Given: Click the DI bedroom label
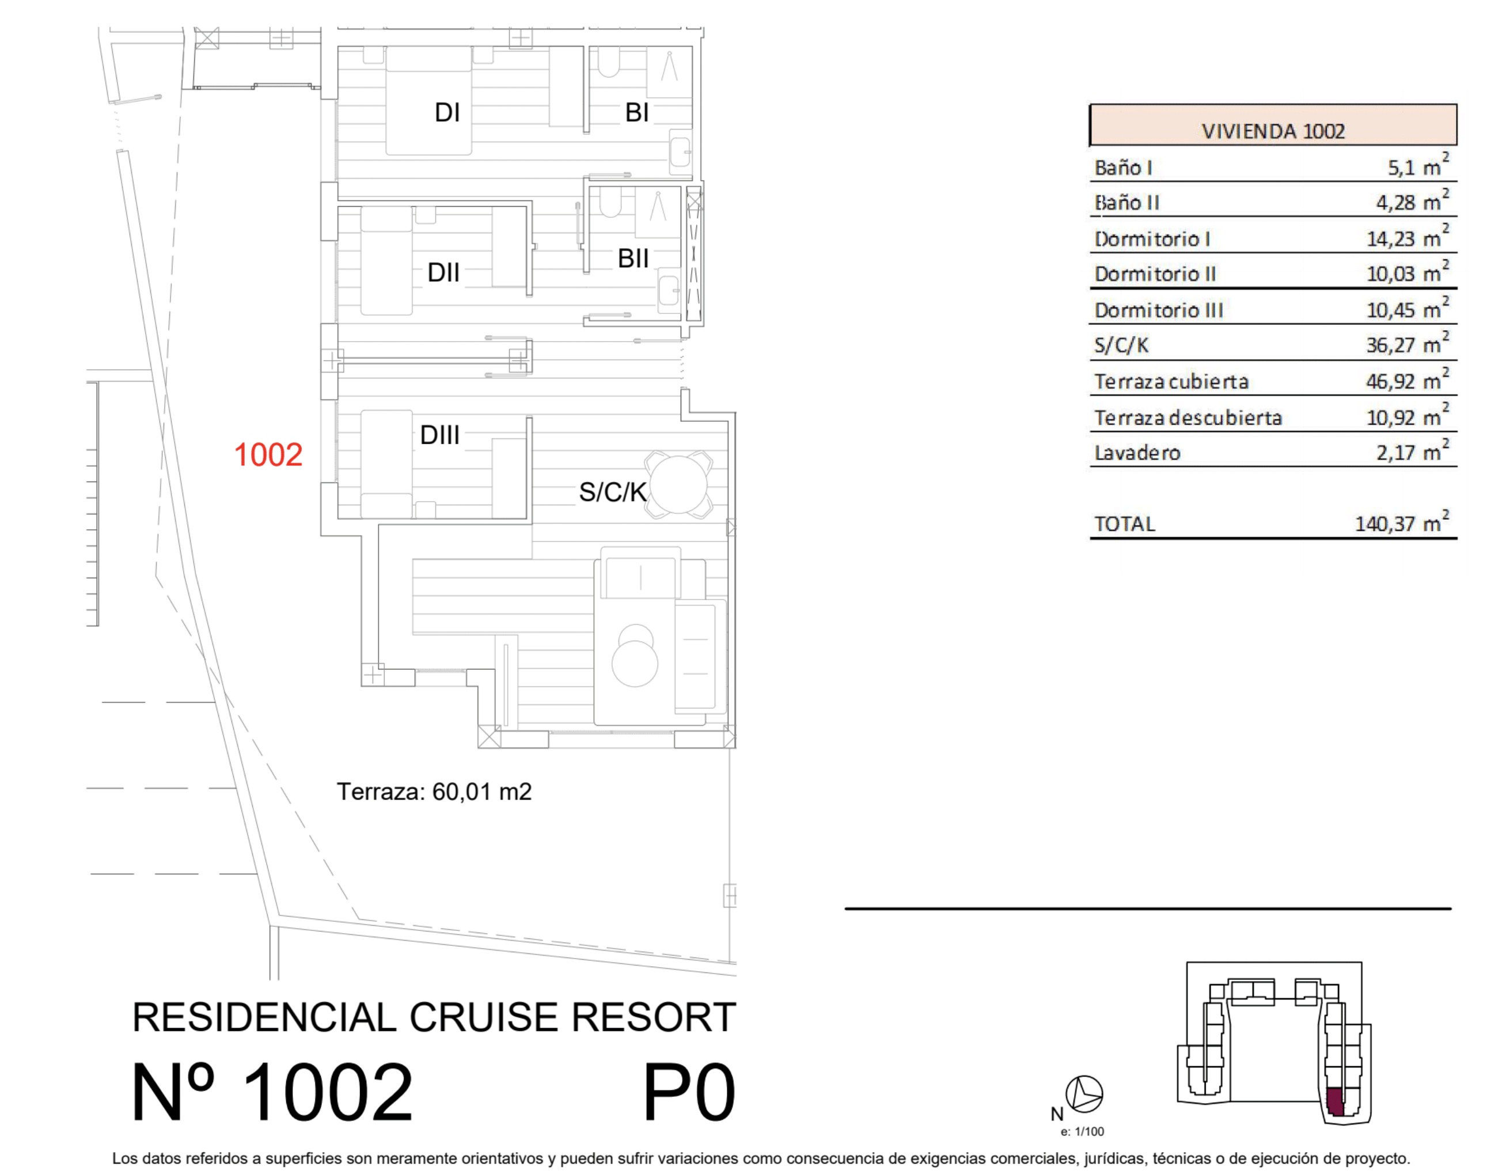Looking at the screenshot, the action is click(447, 112).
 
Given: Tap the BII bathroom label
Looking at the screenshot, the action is click(633, 259).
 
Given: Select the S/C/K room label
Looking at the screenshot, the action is click(612, 491).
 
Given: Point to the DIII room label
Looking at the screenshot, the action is click(440, 434).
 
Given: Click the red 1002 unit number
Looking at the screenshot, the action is click(268, 455).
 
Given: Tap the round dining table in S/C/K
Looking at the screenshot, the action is click(679, 484).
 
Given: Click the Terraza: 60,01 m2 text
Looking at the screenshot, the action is click(434, 792).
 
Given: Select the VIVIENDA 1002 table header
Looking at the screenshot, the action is click(1273, 131).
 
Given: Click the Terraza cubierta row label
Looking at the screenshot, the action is click(1171, 381).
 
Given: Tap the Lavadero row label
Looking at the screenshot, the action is click(1137, 453).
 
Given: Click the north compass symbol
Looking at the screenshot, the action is click(1084, 1093).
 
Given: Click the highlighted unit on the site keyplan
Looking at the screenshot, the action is click(1334, 1103).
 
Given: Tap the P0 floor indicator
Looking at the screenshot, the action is click(689, 1093).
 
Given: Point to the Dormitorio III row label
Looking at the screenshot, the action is click(1159, 310).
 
